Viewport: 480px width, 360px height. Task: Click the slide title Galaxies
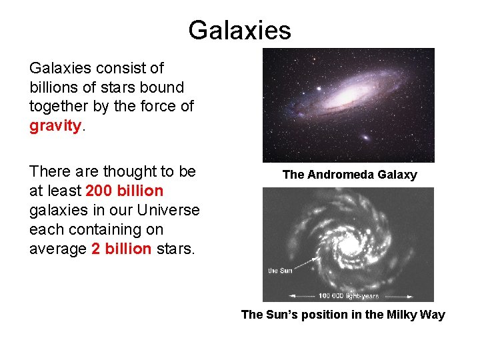239,30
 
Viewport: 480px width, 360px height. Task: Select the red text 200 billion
125,191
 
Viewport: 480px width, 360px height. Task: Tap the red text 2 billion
121,249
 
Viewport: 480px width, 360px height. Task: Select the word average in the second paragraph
57,249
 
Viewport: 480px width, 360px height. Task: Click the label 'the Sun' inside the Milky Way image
280,270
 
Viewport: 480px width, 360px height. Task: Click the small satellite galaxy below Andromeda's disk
365,137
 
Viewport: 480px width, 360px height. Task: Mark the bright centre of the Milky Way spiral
347,244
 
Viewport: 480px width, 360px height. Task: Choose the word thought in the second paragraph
119,171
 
